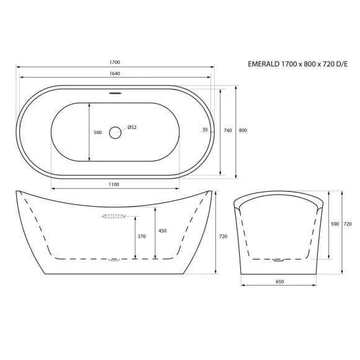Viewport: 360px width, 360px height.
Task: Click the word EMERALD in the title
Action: pyautogui.click(x=264, y=64)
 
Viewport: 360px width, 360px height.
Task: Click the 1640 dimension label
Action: pyautogui.click(x=115, y=73)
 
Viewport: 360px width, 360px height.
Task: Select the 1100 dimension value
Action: pyautogui.click(x=114, y=184)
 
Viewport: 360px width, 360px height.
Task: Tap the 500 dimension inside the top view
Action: pyautogui.click(x=98, y=132)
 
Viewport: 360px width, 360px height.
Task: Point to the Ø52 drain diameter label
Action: pyautogui.click(x=132, y=127)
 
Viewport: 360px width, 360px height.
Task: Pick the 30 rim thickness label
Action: pyautogui.click(x=205, y=130)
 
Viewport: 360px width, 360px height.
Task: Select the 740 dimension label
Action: pyautogui.click(x=228, y=130)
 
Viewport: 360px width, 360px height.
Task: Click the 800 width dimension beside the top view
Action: pyautogui.click(x=243, y=130)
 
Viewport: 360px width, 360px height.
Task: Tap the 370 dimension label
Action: pyautogui.click(x=142, y=236)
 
